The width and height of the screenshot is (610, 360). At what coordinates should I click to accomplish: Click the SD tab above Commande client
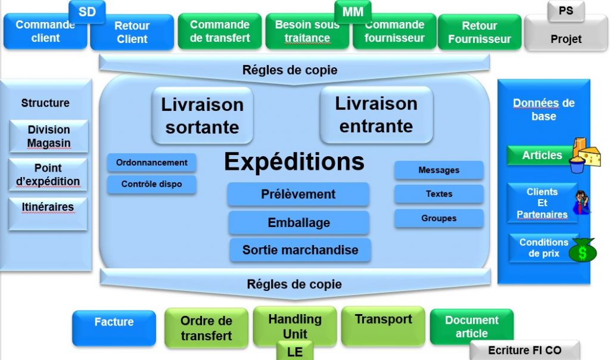(87, 11)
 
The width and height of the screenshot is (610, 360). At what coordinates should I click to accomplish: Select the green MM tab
(353, 11)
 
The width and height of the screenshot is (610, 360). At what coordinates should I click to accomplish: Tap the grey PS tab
(565, 11)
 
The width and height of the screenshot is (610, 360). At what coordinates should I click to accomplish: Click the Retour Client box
(132, 32)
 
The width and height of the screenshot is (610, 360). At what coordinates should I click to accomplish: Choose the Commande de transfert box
(219, 31)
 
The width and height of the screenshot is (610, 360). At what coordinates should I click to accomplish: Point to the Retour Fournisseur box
(479, 32)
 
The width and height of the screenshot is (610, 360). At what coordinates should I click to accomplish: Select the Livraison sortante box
(202, 116)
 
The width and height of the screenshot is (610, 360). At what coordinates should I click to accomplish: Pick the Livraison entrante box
(375, 114)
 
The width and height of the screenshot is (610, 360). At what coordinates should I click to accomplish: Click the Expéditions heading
(294, 162)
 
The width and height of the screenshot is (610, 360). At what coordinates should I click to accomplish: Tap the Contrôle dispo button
(151, 184)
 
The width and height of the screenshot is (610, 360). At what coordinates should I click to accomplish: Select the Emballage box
(298, 223)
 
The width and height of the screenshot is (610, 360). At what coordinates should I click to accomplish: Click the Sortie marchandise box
(300, 250)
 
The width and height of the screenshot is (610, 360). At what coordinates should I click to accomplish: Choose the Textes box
(438, 194)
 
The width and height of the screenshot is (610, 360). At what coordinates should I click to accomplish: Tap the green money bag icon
(582, 250)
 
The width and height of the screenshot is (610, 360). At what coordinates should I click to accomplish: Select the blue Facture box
(114, 327)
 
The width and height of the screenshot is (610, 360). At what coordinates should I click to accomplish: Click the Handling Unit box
(294, 325)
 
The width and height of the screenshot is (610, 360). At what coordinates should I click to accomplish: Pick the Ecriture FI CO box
(524, 350)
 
